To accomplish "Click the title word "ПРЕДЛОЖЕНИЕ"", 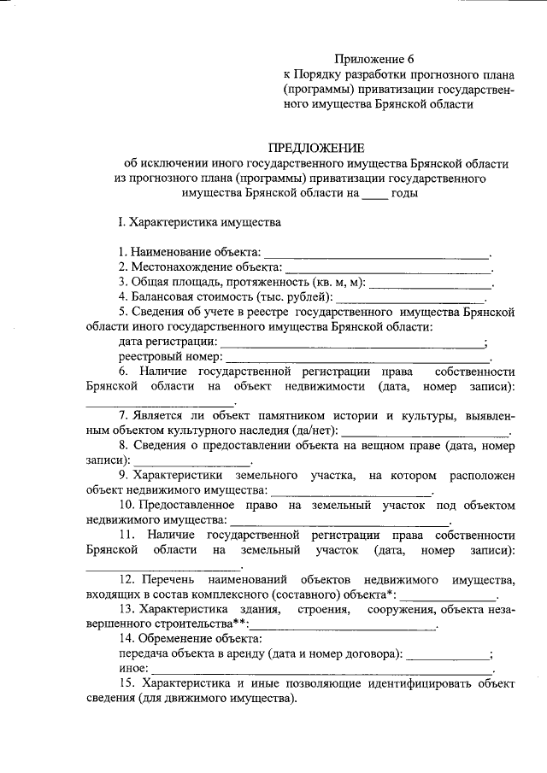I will coord(316,148).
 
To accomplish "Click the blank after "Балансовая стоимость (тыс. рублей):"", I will coord(411,299).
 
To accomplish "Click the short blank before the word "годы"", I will coord(373,196).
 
